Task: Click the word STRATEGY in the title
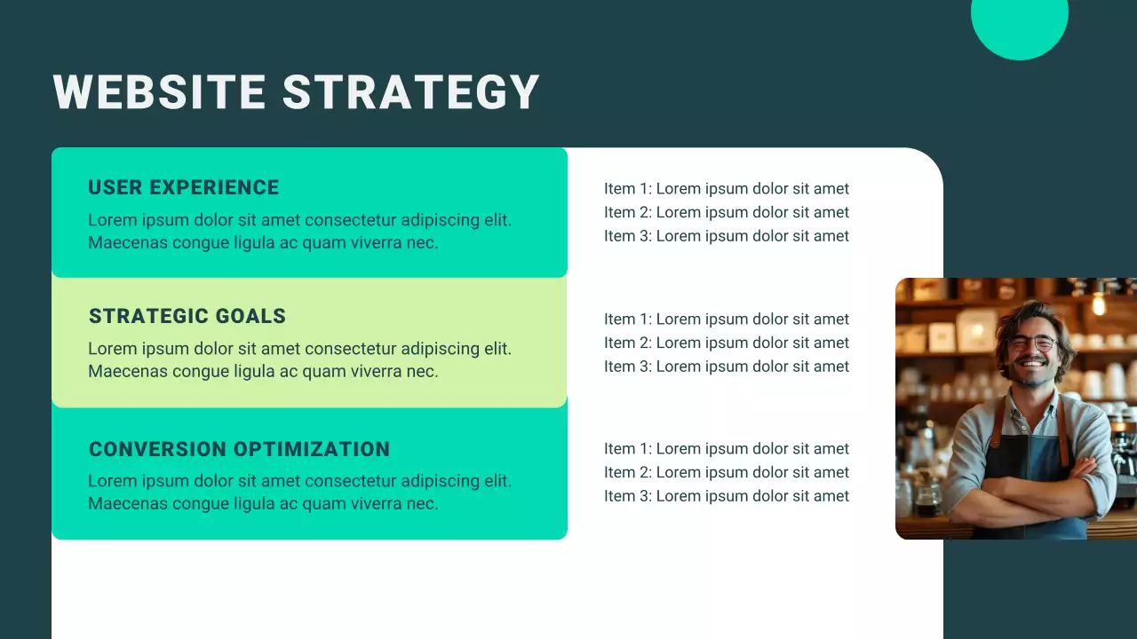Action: (411, 92)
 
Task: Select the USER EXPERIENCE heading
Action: (183, 187)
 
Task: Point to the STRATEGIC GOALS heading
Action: (187, 316)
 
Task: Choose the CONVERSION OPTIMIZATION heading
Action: (239, 449)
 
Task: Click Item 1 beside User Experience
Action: (726, 189)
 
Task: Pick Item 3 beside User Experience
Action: (726, 236)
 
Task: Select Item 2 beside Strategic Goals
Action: (726, 343)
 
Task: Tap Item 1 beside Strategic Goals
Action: (726, 319)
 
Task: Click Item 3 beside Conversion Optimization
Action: (726, 496)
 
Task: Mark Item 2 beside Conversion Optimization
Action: (726, 473)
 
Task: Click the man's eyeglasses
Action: (1031, 343)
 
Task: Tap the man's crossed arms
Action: (1030, 488)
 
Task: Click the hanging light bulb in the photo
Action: (1099, 304)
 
